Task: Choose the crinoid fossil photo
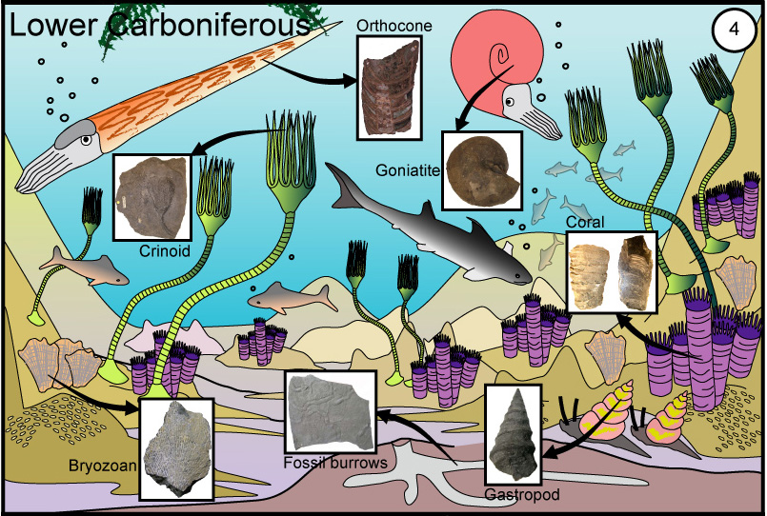coord(152,197)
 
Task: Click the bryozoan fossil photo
coord(176,448)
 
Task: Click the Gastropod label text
coord(520,496)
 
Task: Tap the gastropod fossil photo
coord(520,437)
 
